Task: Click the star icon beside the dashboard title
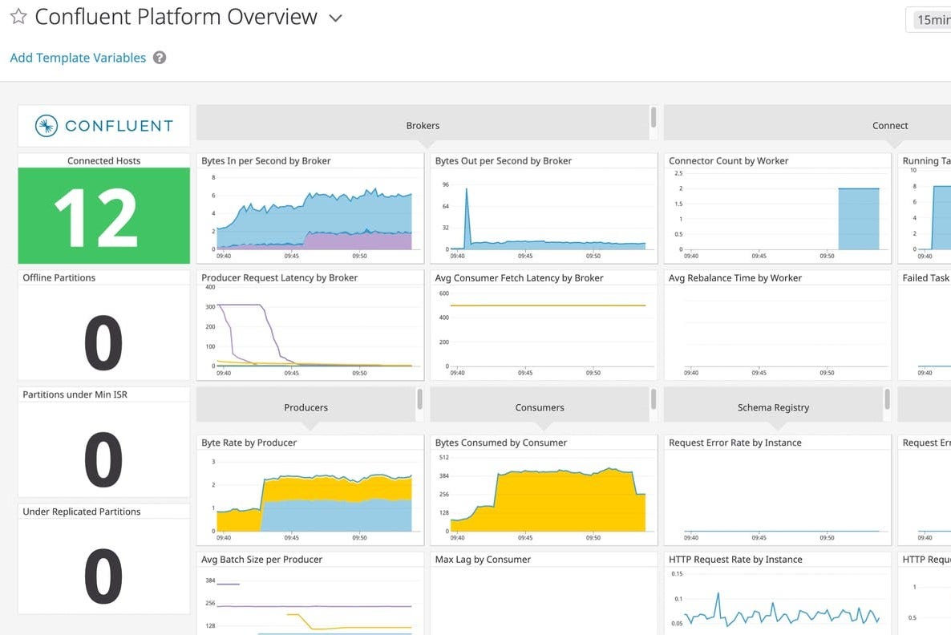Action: tap(18, 17)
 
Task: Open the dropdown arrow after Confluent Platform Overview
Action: tap(336, 18)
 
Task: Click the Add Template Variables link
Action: tap(78, 58)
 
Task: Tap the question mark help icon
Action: tap(160, 58)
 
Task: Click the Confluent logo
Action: tap(104, 126)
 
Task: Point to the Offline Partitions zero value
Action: tap(103, 342)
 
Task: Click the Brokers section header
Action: tap(423, 125)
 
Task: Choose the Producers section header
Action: tap(306, 407)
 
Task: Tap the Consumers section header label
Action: tap(540, 407)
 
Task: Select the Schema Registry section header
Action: tap(773, 407)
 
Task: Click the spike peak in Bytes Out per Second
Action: tap(467, 189)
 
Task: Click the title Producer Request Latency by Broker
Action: tap(279, 278)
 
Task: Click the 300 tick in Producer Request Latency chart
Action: tap(210, 307)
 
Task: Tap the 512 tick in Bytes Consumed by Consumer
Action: tap(443, 458)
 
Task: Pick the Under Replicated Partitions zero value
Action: tap(103, 576)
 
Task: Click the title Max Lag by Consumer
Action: tap(483, 560)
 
